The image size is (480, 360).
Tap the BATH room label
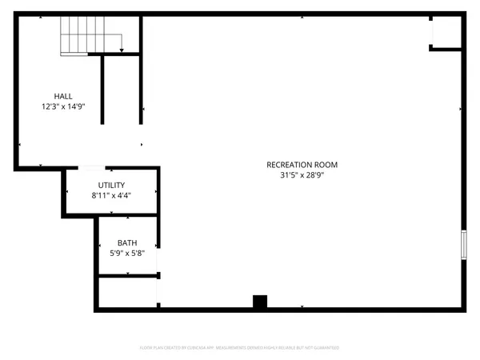[127, 243]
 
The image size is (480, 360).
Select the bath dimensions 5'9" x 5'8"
[127, 253]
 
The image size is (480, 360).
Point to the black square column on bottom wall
[258, 302]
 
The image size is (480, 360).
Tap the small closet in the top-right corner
[445, 31]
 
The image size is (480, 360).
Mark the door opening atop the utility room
[90, 169]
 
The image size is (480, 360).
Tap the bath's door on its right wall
[158, 260]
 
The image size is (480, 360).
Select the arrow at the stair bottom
[121, 50]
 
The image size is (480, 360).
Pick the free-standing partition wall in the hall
[102, 89]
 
